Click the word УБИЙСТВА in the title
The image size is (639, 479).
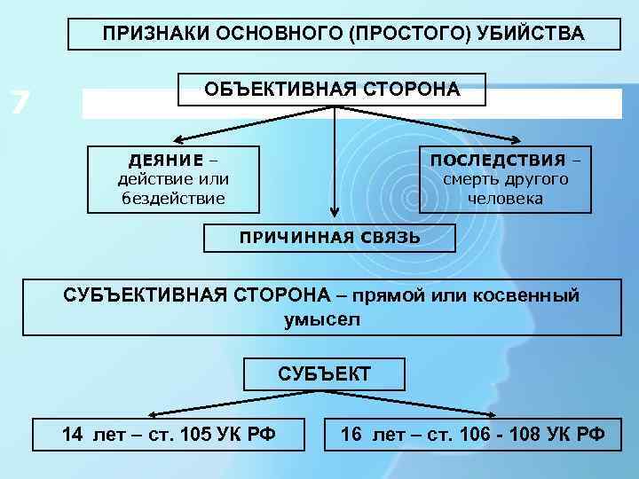click(535, 34)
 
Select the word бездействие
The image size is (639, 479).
click(173, 198)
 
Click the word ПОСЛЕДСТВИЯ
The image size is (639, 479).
click(498, 161)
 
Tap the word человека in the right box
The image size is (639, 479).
click(505, 198)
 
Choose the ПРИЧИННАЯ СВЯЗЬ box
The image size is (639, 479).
click(329, 238)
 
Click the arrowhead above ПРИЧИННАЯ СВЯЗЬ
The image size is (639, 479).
click(334, 214)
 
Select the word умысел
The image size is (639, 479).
click(322, 319)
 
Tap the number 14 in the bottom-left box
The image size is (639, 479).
click(73, 434)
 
